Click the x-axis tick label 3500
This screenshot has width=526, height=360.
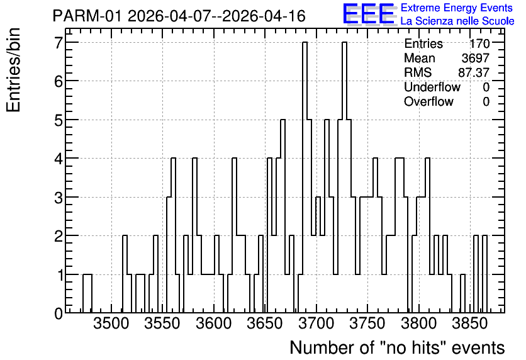pyautogui.click(x=111, y=323)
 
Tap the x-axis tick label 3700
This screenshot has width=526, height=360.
pyautogui.click(x=316, y=323)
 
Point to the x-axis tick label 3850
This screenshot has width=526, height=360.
pyautogui.click(x=469, y=323)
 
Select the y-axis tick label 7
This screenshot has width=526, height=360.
pyautogui.click(x=59, y=42)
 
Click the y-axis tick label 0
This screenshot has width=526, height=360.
pyautogui.click(x=59, y=313)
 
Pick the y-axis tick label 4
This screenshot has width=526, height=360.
pyautogui.click(x=59, y=159)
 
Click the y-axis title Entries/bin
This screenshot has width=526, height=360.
pyautogui.click(x=14, y=70)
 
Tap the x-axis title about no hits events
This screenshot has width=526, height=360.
pyautogui.click(x=397, y=347)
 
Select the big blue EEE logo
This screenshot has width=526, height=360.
pyautogui.click(x=369, y=14)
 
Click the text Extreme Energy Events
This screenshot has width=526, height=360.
pyautogui.click(x=457, y=8)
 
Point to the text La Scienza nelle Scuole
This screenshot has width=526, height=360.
pyautogui.click(x=457, y=21)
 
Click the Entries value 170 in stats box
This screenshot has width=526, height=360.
pyautogui.click(x=479, y=43)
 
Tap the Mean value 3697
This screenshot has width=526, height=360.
pyautogui.click(x=476, y=58)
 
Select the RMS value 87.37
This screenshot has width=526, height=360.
pyautogui.click(x=474, y=72)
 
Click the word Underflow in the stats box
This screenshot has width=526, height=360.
pyautogui.click(x=432, y=87)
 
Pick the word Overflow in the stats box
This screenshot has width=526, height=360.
pyautogui.click(x=428, y=101)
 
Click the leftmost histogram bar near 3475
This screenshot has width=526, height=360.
pyautogui.click(x=87, y=293)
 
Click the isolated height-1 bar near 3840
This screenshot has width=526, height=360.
pyautogui.click(x=463, y=293)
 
